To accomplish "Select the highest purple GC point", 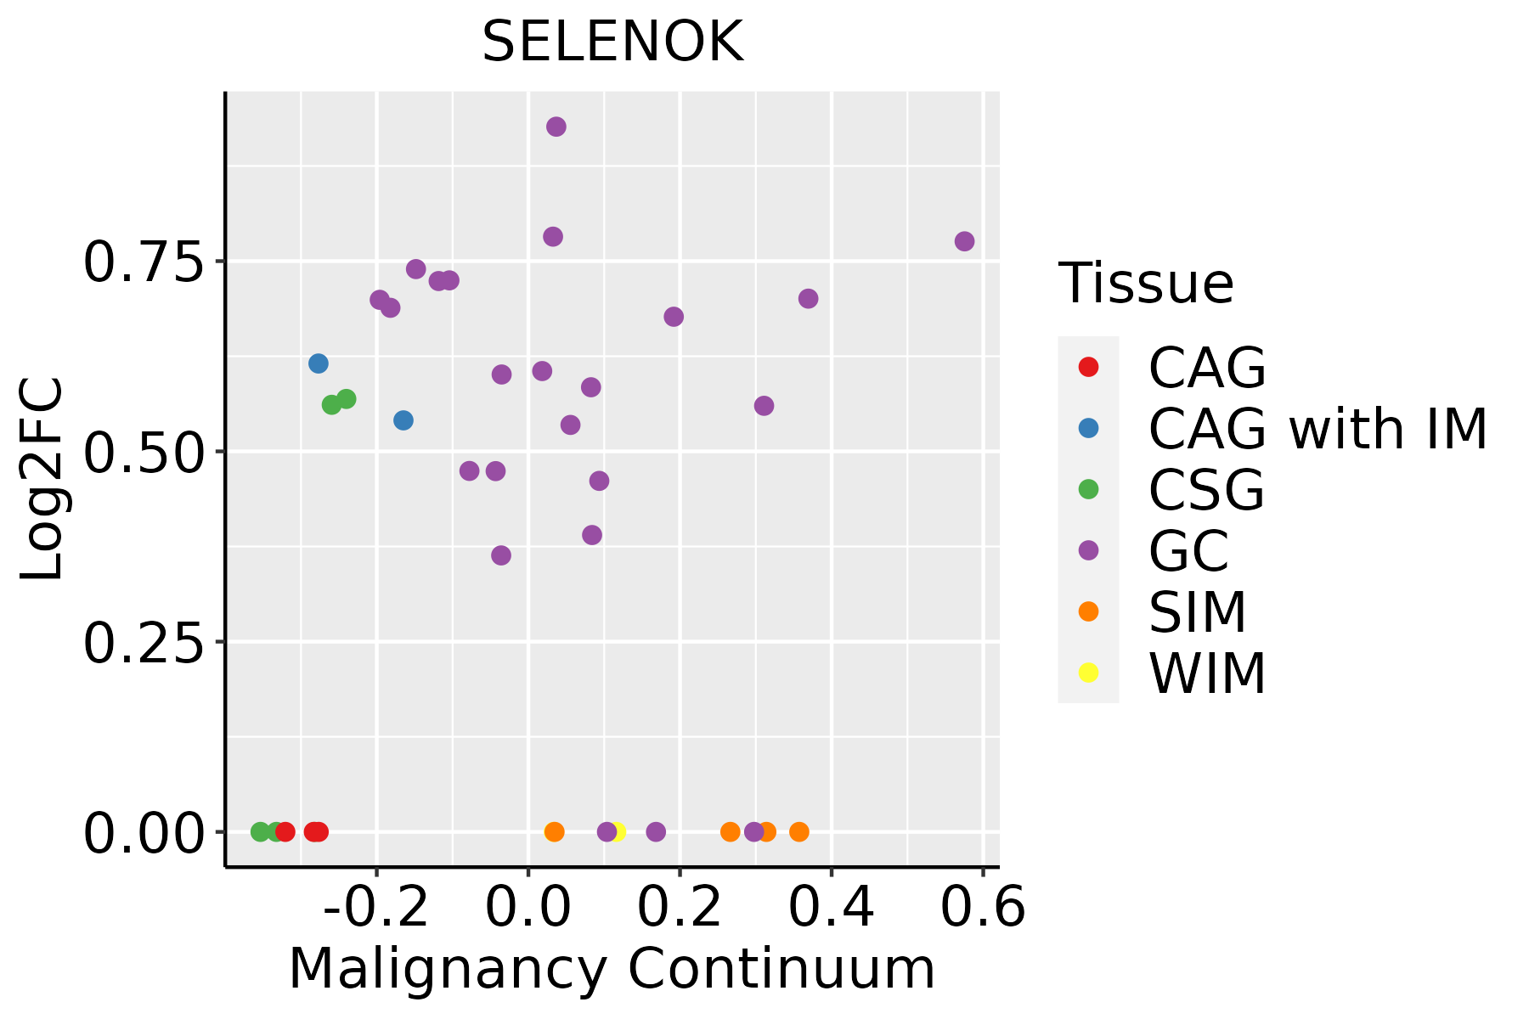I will pyautogui.click(x=556, y=127).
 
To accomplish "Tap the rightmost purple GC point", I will pyautogui.click(x=964, y=241).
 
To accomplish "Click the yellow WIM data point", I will pyautogui.click(x=618, y=831).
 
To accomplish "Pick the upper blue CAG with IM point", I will pyautogui.click(x=319, y=363).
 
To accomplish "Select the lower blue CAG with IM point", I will pyautogui.click(x=403, y=420).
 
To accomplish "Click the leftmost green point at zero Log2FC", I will pyautogui.click(x=261, y=831).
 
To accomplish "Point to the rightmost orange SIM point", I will pyautogui.click(x=799, y=831).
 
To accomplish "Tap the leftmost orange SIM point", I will pyautogui.click(x=555, y=831).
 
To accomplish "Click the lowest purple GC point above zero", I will pyautogui.click(x=501, y=555).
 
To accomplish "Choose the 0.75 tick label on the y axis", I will pyautogui.click(x=144, y=262).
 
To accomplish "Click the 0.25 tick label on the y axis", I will pyautogui.click(x=144, y=643).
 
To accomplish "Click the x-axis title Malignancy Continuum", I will pyautogui.click(x=612, y=970).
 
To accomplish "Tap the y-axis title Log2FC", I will pyautogui.click(x=42, y=480).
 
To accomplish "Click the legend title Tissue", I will pyautogui.click(x=1146, y=284).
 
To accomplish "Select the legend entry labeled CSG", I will pyautogui.click(x=1206, y=490).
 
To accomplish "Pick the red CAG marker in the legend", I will pyautogui.click(x=1088, y=367).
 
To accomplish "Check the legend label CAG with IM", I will pyautogui.click(x=1317, y=429).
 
